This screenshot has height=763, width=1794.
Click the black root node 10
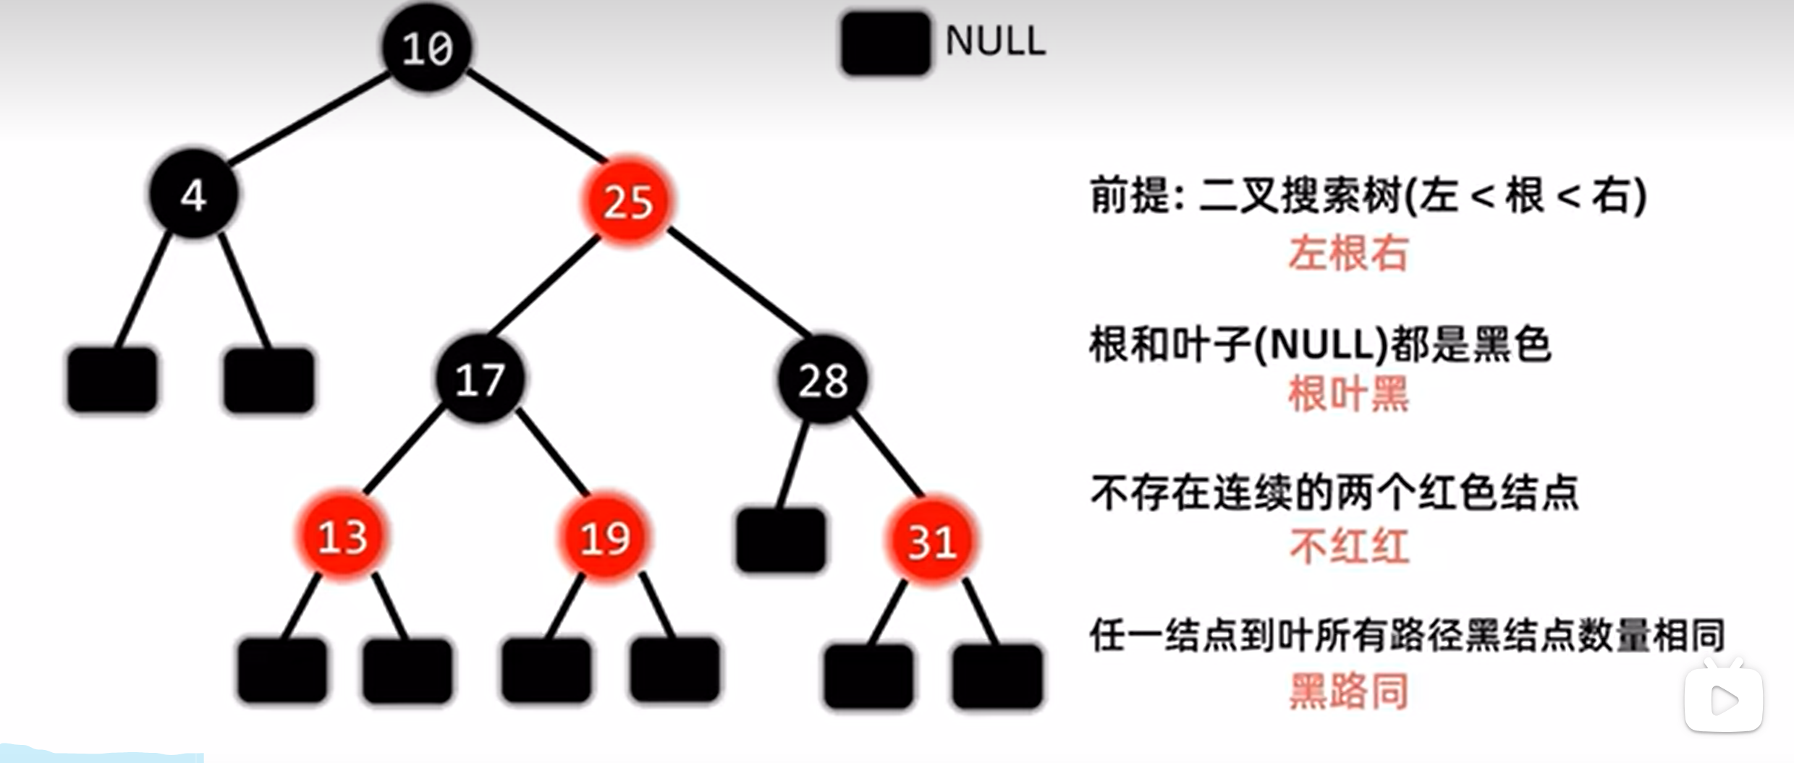click(x=427, y=48)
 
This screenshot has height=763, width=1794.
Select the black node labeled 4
click(x=193, y=195)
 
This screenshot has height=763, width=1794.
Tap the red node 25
click(x=627, y=200)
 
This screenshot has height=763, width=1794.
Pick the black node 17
click(x=480, y=379)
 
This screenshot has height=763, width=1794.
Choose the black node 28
click(x=823, y=380)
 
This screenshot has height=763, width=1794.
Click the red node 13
click(x=342, y=537)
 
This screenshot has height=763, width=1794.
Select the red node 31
click(x=931, y=541)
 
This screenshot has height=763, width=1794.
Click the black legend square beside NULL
click(x=885, y=43)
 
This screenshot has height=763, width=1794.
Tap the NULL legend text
click(x=995, y=41)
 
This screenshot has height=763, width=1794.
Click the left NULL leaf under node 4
click(x=112, y=380)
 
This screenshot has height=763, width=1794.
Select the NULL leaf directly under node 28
click(x=780, y=540)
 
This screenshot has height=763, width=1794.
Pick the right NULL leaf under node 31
click(x=997, y=676)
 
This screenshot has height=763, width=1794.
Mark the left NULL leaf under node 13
click(x=282, y=670)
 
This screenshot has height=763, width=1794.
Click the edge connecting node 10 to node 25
click(x=536, y=116)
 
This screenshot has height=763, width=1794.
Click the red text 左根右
click(x=1347, y=254)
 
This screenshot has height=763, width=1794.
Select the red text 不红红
click(x=1349, y=546)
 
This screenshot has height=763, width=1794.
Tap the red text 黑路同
click(x=1349, y=691)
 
